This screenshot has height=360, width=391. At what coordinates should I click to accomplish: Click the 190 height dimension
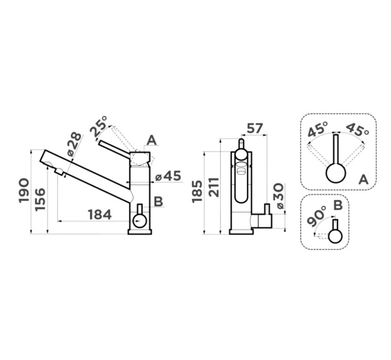24,190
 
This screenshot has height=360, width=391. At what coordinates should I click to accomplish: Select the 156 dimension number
40,200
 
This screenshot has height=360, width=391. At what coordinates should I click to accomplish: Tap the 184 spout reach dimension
100,215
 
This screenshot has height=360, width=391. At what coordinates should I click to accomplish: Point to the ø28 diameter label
74,144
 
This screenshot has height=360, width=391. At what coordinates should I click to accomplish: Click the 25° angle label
99,126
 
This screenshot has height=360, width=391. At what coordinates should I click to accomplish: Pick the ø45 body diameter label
168,176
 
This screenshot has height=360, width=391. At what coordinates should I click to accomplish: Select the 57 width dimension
255,128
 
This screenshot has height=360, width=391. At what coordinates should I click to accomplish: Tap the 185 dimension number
197,191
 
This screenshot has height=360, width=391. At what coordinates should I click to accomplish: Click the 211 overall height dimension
214,187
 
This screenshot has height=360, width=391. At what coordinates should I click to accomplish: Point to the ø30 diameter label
279,196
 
